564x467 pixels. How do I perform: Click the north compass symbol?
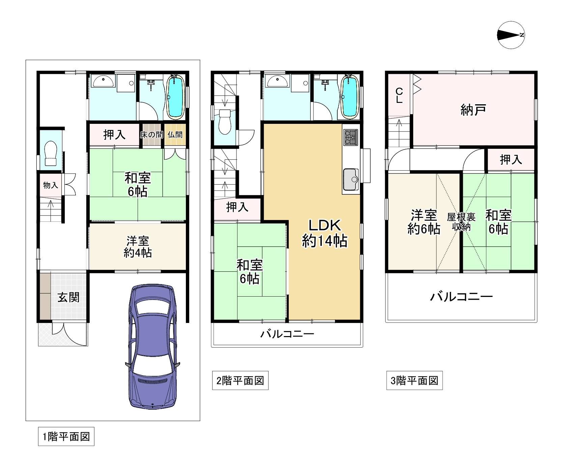click(x=511, y=35)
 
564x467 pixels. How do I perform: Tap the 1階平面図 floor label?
click(x=66, y=437)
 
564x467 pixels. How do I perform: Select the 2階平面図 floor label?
click(x=240, y=381)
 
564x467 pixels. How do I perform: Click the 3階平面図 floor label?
click(x=414, y=381)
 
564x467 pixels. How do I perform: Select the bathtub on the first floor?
click(x=175, y=97)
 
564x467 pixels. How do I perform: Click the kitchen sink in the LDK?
click(x=351, y=179)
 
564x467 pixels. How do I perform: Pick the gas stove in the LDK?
click(x=351, y=137)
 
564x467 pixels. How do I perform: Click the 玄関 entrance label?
click(x=68, y=297)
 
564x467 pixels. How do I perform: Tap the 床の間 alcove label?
click(x=151, y=135)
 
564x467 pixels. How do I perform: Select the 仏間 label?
click(x=175, y=135)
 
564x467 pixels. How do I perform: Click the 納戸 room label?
click(x=473, y=110)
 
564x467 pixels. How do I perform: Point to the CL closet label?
click(x=399, y=95)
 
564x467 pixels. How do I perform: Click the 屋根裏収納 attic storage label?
click(x=461, y=222)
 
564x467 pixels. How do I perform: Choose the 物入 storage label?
click(x=51, y=185)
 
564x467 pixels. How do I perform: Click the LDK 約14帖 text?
click(x=325, y=233)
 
